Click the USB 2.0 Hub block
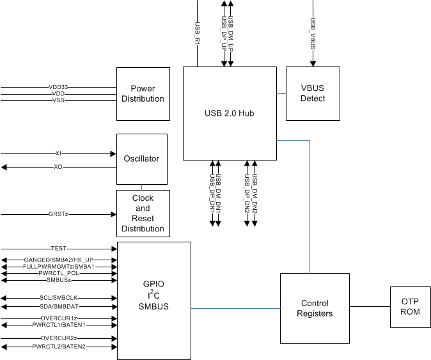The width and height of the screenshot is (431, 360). click(229, 113)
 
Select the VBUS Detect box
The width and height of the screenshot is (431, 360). click(313, 93)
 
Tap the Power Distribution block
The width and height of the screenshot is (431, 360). click(143, 93)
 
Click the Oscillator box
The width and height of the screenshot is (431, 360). click(142, 159)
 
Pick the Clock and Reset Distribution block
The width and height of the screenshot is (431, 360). click(143, 214)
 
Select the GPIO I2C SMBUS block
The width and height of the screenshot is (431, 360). click(153, 300)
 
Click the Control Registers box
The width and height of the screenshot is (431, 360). click(315, 308)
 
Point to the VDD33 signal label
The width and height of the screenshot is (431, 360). click(58, 87)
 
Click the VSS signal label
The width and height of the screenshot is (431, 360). click(58, 100)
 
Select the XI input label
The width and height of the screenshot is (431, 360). click(58, 154)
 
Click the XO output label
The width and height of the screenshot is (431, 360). click(58, 168)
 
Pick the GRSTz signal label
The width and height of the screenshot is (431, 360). click(58, 214)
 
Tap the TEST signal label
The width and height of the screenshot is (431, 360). click(58, 248)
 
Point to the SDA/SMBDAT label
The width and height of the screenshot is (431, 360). click(58, 307)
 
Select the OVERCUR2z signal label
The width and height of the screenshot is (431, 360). click(58, 338)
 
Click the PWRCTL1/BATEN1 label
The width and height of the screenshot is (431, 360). click(58, 325)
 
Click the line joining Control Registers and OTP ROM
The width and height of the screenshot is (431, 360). click(369, 306)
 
